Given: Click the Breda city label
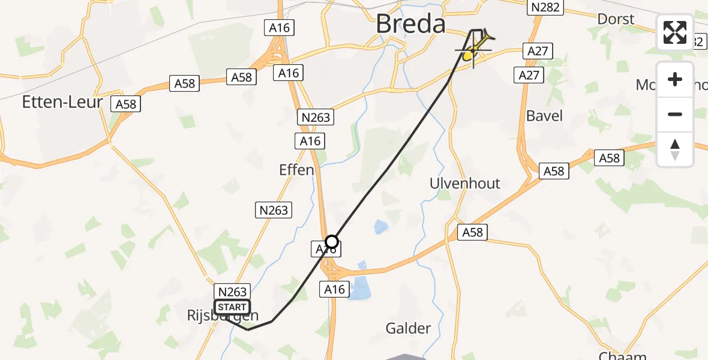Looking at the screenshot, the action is point(411,25).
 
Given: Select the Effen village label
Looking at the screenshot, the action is point(296,170).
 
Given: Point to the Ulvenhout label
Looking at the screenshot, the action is point(465,183).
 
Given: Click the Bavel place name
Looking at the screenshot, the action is point(544,115).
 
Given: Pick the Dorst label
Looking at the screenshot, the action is point(616,19).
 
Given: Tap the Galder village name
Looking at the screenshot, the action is point(408,328).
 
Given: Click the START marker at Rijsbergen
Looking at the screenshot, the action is point(232,307).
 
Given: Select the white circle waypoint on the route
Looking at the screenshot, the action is point(331,242).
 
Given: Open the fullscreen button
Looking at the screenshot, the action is point(675,32).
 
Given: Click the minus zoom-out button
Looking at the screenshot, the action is point(675,114).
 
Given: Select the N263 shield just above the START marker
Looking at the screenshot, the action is point(232,292).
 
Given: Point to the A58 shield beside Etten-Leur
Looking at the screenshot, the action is point(126,104).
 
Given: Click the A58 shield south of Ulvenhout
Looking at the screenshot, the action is point(473,232).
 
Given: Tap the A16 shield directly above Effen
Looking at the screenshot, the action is point(310,141).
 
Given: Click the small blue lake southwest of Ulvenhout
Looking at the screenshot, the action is point(380,227).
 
